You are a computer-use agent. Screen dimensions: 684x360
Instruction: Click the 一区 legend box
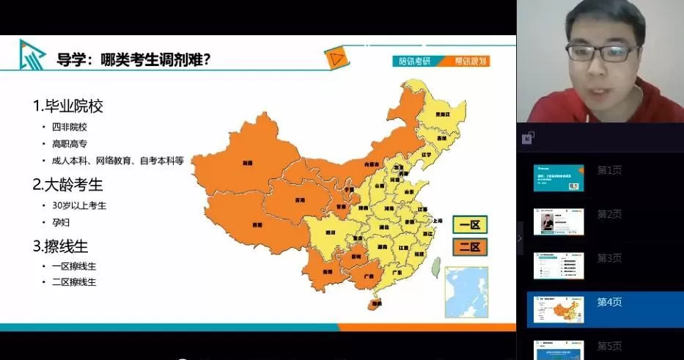(x=470, y=224)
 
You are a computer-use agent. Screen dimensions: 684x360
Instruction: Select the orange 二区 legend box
(x=470, y=246)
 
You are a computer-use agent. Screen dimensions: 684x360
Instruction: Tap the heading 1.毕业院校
(x=67, y=106)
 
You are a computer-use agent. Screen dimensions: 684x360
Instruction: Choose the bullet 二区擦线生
(x=73, y=282)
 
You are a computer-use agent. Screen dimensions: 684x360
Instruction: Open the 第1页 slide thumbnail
(x=559, y=177)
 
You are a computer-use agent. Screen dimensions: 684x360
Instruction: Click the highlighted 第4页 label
(x=610, y=302)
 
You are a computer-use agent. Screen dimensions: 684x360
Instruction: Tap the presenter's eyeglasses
(x=601, y=53)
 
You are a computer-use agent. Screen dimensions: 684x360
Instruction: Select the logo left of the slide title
(x=32, y=55)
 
